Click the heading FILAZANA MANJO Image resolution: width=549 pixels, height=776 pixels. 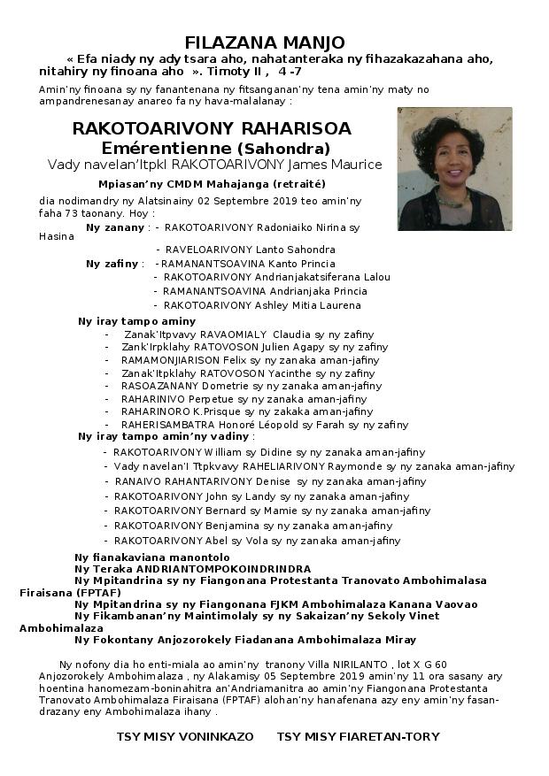265,42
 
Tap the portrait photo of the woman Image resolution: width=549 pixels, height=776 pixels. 454,169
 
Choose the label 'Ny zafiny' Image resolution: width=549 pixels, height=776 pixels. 113,264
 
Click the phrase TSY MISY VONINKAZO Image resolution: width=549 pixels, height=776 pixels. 185,736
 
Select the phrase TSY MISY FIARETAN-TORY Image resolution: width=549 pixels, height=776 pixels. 358,736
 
